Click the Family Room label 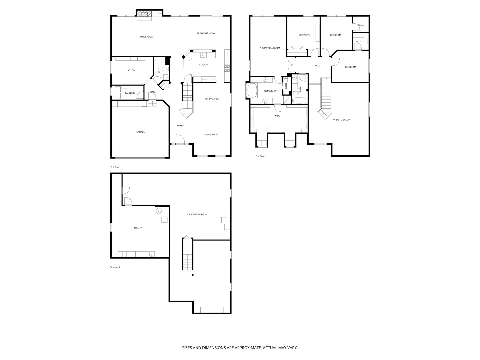tap(146, 37)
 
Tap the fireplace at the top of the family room tap(144, 14)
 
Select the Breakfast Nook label tap(206, 33)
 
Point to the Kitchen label tap(204, 64)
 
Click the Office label tap(131, 70)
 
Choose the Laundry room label tap(130, 93)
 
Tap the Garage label tap(140, 132)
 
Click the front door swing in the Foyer tap(179, 139)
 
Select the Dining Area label tap(212, 99)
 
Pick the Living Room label tap(211, 134)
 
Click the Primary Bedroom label tap(270, 48)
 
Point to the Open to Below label tap(342, 119)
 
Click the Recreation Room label tap(197, 214)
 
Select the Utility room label tap(138, 228)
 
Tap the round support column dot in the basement tap(193, 275)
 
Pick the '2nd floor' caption tap(260, 156)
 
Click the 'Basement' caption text tap(115, 267)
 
